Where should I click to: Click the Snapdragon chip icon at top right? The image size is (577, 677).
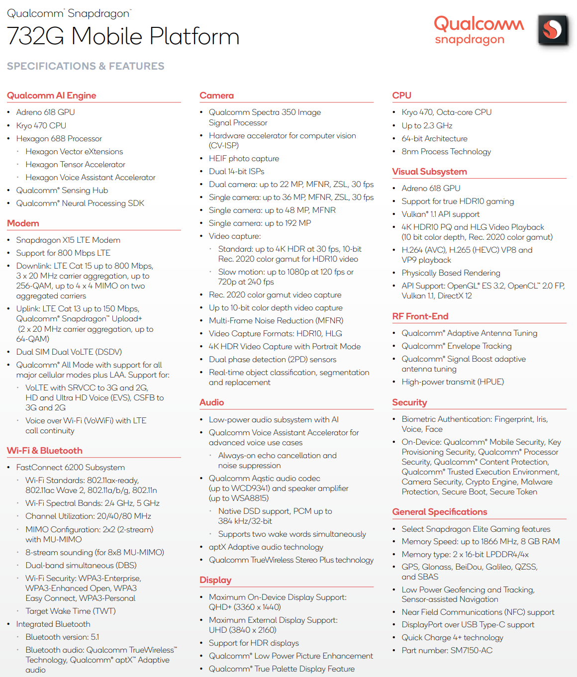pos(553,30)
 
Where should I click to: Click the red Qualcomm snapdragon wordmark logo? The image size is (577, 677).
pos(479,30)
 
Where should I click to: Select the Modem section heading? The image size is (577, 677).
pos(23,223)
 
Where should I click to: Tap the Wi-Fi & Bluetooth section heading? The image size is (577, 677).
pos(45,451)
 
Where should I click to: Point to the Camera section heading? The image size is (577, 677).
pos(216,96)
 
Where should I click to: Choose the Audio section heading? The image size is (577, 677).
pos(211,402)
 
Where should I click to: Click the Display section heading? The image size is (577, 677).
pos(215,580)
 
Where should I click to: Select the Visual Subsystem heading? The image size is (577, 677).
pos(429,172)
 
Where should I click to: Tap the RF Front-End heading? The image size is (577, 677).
pos(420,316)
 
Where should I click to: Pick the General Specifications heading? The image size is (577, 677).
pos(440,512)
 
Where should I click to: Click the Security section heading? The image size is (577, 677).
pos(409,402)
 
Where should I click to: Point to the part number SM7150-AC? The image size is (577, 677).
pos(447,651)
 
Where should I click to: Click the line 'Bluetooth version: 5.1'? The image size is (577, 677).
pos(62,637)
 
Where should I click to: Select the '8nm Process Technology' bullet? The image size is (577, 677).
pos(446,152)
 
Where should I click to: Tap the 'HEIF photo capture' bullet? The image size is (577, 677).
pos(244,159)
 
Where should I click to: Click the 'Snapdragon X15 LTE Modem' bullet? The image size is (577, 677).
pos(68,240)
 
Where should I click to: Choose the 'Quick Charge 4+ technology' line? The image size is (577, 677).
pos(452,638)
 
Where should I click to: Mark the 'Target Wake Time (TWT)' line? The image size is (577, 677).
pos(71,611)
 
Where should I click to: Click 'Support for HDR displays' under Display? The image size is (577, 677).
pos(254,643)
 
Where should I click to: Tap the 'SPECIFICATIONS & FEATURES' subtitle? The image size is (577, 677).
pos(86,66)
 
